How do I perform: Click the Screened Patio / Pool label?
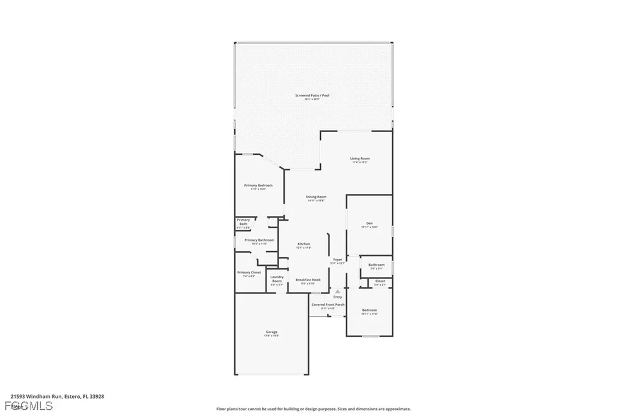[x=307, y=96]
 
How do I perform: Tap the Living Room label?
[x=359, y=159]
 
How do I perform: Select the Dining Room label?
[x=317, y=197]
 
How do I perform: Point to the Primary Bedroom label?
[x=258, y=185]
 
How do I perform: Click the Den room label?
[x=369, y=223]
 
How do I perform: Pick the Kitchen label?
[x=304, y=244]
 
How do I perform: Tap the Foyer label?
[x=337, y=260]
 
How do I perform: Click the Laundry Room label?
[x=277, y=279]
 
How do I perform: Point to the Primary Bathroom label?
[x=259, y=240]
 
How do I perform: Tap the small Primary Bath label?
[x=243, y=222]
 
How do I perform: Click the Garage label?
[x=271, y=332]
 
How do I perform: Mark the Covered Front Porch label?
[x=328, y=304]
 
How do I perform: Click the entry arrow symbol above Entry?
[x=337, y=292]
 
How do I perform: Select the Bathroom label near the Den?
[x=376, y=265]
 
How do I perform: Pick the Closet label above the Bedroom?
[x=380, y=281]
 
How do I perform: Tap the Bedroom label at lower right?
[x=369, y=310]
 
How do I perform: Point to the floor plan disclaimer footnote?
[x=313, y=409]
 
